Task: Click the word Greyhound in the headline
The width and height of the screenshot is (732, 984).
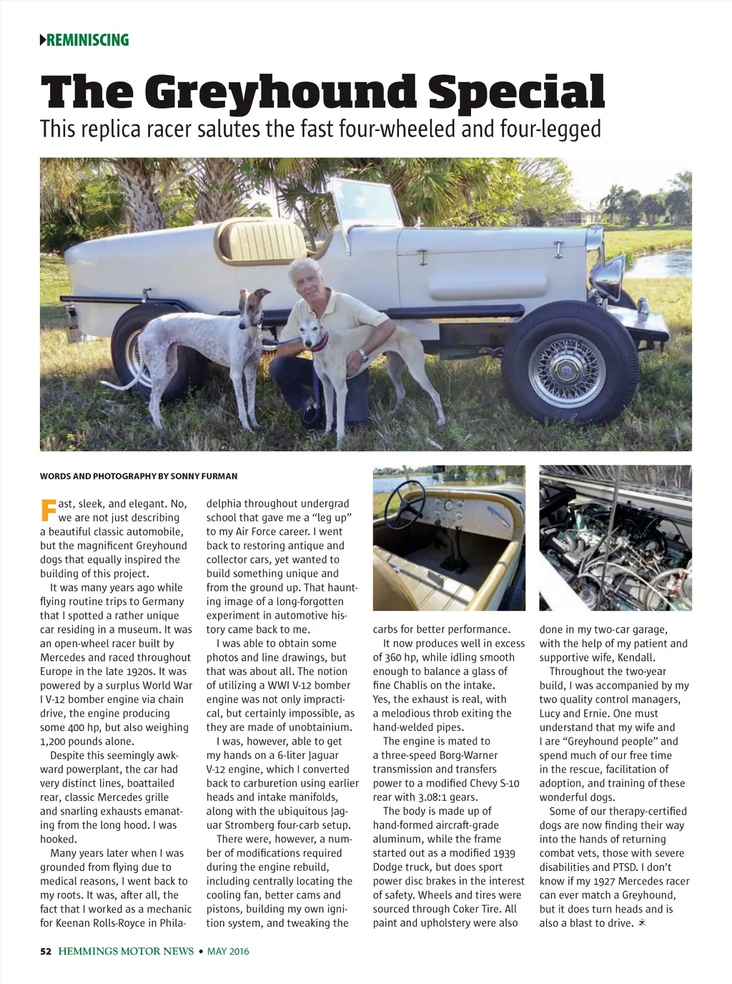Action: pos(278,93)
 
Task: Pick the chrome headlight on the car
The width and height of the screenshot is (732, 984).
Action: pos(608,276)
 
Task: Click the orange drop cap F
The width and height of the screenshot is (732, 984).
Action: pos(48,511)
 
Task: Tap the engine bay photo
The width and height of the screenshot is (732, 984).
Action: pos(615,538)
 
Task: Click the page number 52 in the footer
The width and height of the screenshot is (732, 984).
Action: pos(46,951)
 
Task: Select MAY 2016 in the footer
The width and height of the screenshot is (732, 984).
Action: pos(228,951)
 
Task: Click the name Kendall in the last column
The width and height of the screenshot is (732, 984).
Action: pos(634,657)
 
